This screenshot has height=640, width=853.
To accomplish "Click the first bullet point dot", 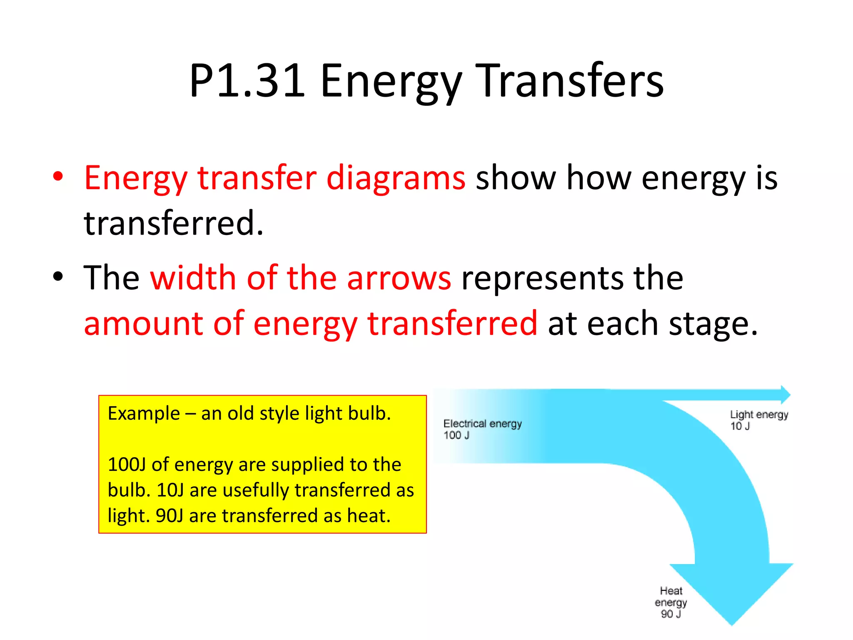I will pos(58,176).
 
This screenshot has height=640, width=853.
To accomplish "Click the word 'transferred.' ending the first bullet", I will pos(174,223).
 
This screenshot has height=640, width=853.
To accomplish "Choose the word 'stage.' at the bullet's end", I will pos(713,324).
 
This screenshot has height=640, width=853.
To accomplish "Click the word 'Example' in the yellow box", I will pos(144,414).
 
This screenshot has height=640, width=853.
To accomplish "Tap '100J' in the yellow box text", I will pos(127,465).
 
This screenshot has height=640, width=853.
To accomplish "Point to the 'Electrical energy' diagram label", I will pos(482,424).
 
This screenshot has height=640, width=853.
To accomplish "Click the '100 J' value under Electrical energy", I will pos(456,435).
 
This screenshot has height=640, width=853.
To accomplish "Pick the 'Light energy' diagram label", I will pos(759,415).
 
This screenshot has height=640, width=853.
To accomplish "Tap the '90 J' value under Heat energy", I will pos(671,614).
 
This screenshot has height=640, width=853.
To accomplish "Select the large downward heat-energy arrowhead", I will pos(731,592).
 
